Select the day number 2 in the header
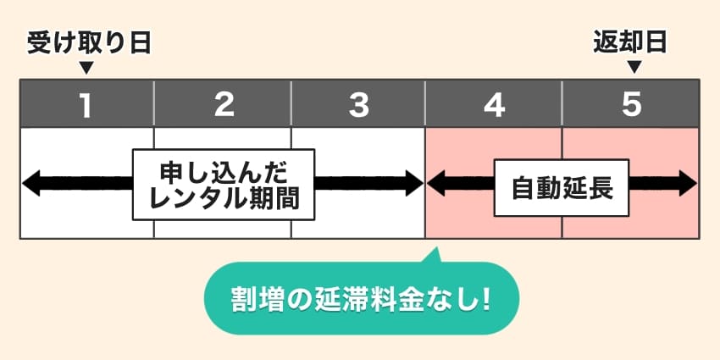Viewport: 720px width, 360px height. pyautogui.click(x=224, y=104)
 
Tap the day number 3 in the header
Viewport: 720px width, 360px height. pyautogui.click(x=359, y=104)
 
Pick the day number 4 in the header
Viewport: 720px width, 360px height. pyautogui.click(x=495, y=104)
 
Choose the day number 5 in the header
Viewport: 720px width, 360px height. pyautogui.click(x=631, y=104)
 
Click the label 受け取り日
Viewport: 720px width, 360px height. pyautogui.click(x=88, y=43)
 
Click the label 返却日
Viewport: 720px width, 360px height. pyautogui.click(x=631, y=43)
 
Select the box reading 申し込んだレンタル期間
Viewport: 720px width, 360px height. pyautogui.click(x=223, y=184)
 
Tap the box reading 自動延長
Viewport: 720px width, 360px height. pyautogui.click(x=562, y=187)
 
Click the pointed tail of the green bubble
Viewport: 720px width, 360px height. pyautogui.click(x=435, y=255)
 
